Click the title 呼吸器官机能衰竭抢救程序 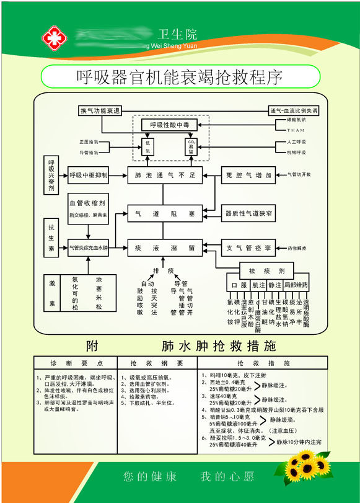click(180, 77)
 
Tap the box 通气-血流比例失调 click(293, 110)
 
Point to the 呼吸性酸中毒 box click(169, 125)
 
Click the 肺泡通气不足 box click(165, 176)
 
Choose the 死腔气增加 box click(248, 176)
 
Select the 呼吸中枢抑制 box click(88, 176)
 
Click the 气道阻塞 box click(165, 214)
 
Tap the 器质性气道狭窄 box click(248, 214)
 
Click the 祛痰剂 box click(273, 271)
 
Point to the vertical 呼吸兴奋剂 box click(51, 176)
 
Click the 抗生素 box click(51, 236)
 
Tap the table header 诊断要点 click(73, 363)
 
